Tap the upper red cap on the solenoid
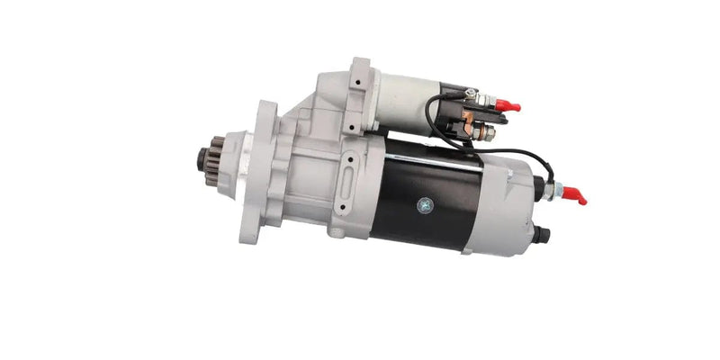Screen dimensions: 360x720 coord(508,106)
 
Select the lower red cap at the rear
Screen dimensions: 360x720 coord(575,195)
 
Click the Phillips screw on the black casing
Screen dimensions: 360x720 coord(425,205)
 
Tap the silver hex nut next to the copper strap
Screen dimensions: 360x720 coord(488,134)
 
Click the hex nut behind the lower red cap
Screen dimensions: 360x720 coord(556,190)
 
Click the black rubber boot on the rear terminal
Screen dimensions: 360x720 coord(540,187)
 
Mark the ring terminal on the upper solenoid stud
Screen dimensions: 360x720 coord(475,94)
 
